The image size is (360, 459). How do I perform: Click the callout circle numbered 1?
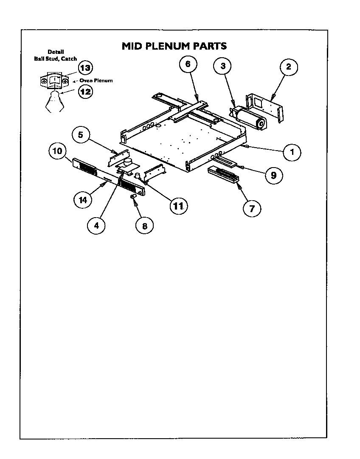click(x=292, y=152)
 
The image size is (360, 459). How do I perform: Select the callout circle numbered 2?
click(x=288, y=67)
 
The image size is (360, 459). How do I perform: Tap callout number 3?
click(x=222, y=66)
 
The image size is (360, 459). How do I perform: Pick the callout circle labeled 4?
click(x=96, y=226)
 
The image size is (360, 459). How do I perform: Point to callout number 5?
click(x=81, y=135)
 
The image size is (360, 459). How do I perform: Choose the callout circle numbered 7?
click(x=252, y=208)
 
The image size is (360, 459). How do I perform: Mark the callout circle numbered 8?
click(x=144, y=226)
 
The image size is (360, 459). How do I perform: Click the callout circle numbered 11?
click(x=178, y=206)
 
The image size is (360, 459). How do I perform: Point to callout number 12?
click(x=86, y=91)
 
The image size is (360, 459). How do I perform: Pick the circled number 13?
click(x=85, y=68)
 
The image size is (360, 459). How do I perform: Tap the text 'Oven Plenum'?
click(x=96, y=80)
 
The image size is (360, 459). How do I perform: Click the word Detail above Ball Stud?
click(x=56, y=52)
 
